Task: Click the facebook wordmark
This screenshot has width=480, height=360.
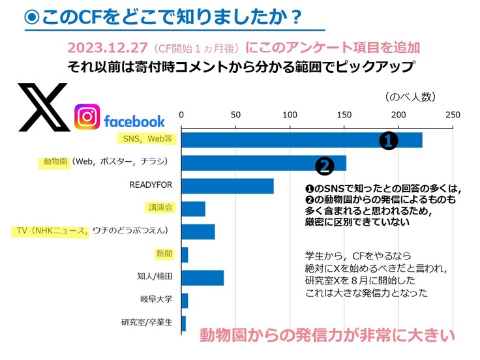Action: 134,121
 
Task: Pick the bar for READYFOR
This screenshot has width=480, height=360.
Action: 227,186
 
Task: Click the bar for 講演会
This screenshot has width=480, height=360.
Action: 193,209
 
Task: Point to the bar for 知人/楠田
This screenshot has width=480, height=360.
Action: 202,278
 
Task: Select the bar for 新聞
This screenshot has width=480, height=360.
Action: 185,254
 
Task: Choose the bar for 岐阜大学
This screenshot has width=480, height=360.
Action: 185,301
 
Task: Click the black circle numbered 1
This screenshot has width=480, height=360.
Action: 389,140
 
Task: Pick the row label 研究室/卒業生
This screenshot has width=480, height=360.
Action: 147,323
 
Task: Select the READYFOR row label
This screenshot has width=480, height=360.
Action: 151,185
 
